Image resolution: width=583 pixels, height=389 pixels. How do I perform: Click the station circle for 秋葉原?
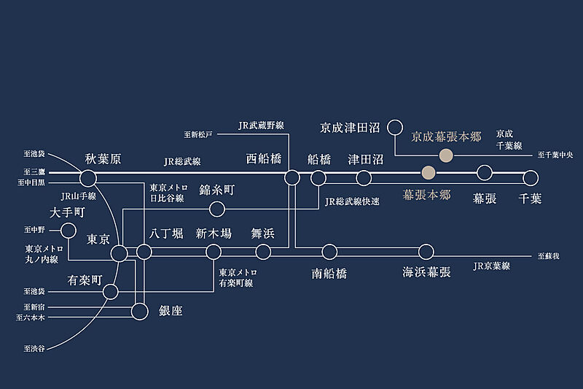pyautogui.click(x=88, y=177)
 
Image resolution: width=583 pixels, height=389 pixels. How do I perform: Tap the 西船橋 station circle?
pyautogui.click(x=292, y=177)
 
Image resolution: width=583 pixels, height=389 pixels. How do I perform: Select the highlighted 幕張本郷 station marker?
pyautogui.click(x=429, y=173)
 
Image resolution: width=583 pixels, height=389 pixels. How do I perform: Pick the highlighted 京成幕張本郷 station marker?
pyautogui.click(x=446, y=155)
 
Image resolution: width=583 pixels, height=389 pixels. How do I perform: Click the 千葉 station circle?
pyautogui.click(x=531, y=177)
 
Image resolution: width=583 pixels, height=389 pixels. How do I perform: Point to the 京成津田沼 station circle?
pyautogui.click(x=395, y=128)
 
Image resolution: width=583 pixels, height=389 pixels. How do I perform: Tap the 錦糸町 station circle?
pyautogui.click(x=216, y=209)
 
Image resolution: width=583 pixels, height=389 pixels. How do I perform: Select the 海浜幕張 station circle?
pyautogui.click(x=426, y=252)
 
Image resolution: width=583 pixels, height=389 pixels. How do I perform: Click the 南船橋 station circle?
pyautogui.click(x=329, y=252)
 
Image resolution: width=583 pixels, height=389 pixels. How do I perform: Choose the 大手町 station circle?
pyautogui.click(x=69, y=231)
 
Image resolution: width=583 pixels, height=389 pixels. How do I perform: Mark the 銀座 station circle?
pyautogui.click(x=139, y=312)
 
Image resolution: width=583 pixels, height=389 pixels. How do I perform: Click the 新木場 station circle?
pyautogui.click(x=214, y=252)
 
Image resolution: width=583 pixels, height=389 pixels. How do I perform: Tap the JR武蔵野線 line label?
pyautogui.click(x=261, y=126)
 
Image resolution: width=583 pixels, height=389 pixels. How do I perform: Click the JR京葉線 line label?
pyautogui.click(x=492, y=266)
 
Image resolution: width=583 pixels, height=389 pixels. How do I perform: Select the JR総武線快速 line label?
pyautogui.click(x=352, y=201)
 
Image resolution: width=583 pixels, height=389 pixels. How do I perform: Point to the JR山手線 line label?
pyautogui.click(x=77, y=196)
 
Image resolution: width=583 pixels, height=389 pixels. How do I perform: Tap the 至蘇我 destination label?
pyautogui.click(x=549, y=256)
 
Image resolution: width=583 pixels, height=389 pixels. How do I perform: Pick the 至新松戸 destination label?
pyautogui.click(x=198, y=135)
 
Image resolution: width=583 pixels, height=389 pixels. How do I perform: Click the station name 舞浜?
pyautogui.click(x=262, y=234)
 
